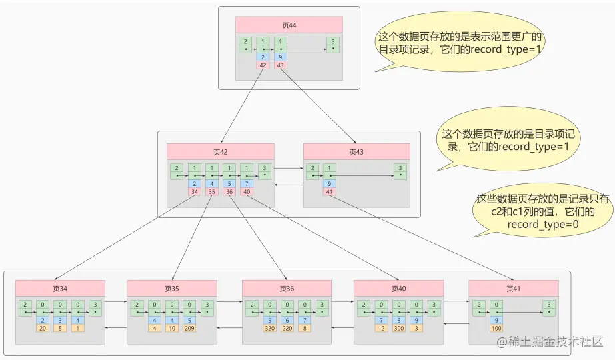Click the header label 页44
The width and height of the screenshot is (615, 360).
coord(289,25)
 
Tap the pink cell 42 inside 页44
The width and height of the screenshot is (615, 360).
coord(262,65)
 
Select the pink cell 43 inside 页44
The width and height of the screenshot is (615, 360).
coord(280,65)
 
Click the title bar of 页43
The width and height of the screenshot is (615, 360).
coord(356,151)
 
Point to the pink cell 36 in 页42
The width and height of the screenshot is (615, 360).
coord(229,192)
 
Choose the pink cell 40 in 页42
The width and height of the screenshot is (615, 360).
coord(247,192)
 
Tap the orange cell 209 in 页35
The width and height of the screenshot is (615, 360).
coord(189,328)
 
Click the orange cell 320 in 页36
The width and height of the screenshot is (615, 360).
coord(269,328)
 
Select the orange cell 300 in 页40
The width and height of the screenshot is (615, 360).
coord(398,328)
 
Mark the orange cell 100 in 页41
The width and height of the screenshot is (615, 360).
coord(496,328)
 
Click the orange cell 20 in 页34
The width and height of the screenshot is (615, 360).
coord(43,328)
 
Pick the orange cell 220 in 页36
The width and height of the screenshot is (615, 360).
coord(287,328)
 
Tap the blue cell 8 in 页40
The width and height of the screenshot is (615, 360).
coord(398,320)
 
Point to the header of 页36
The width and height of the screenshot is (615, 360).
coord(287,288)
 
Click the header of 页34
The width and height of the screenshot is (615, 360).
coord(60,288)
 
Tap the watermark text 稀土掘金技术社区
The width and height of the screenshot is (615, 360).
coord(548,341)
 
